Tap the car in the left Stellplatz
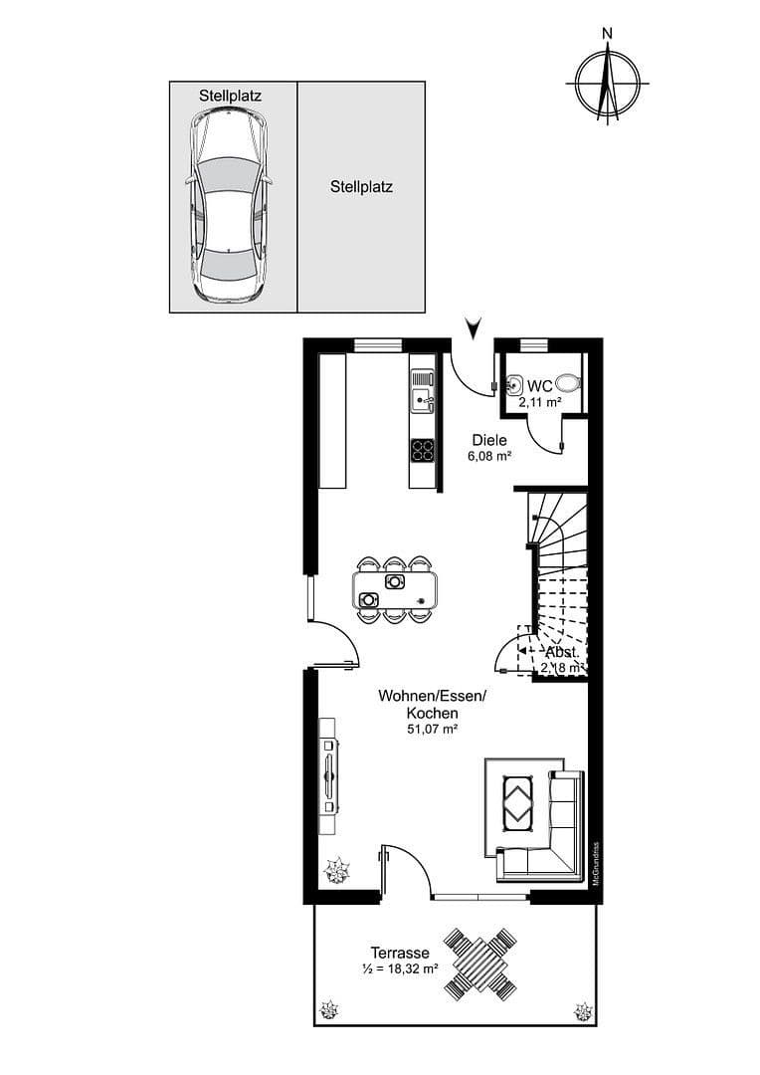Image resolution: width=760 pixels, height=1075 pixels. click(229, 206)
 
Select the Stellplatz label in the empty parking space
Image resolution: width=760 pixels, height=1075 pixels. click(361, 186)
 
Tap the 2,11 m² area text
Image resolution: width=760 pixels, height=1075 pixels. click(540, 402)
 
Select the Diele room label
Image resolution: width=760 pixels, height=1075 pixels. click(489, 440)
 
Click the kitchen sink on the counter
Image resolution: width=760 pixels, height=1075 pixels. click(423, 390)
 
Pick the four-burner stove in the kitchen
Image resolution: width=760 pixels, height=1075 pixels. click(423, 450)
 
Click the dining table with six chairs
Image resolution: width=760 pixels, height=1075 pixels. click(395, 589)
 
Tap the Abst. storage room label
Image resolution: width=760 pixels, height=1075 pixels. click(561, 651)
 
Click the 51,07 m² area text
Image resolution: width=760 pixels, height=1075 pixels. click(432, 730)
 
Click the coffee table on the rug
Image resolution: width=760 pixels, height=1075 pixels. click(521, 802)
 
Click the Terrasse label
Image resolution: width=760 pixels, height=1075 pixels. click(400, 953)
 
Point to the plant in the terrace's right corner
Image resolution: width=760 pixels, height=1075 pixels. click(582, 1012)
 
